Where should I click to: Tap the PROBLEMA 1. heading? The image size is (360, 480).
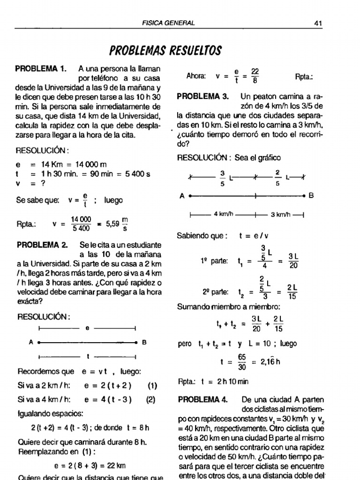coord(41,69)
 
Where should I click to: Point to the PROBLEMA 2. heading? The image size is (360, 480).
coord(42,245)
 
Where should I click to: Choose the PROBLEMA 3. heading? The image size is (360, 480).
coord(202,96)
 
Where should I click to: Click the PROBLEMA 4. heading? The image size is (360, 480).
coord(202,399)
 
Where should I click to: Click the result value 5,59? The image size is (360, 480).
coord(113,224)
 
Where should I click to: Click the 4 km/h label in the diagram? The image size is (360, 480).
coord(223,215)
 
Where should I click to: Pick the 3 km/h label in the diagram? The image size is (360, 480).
coord(280,215)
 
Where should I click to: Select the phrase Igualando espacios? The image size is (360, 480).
coord(50,414)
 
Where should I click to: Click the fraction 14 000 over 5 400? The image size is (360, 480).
coord(81,224)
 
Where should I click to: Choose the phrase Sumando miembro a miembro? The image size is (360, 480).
coord(228,307)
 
